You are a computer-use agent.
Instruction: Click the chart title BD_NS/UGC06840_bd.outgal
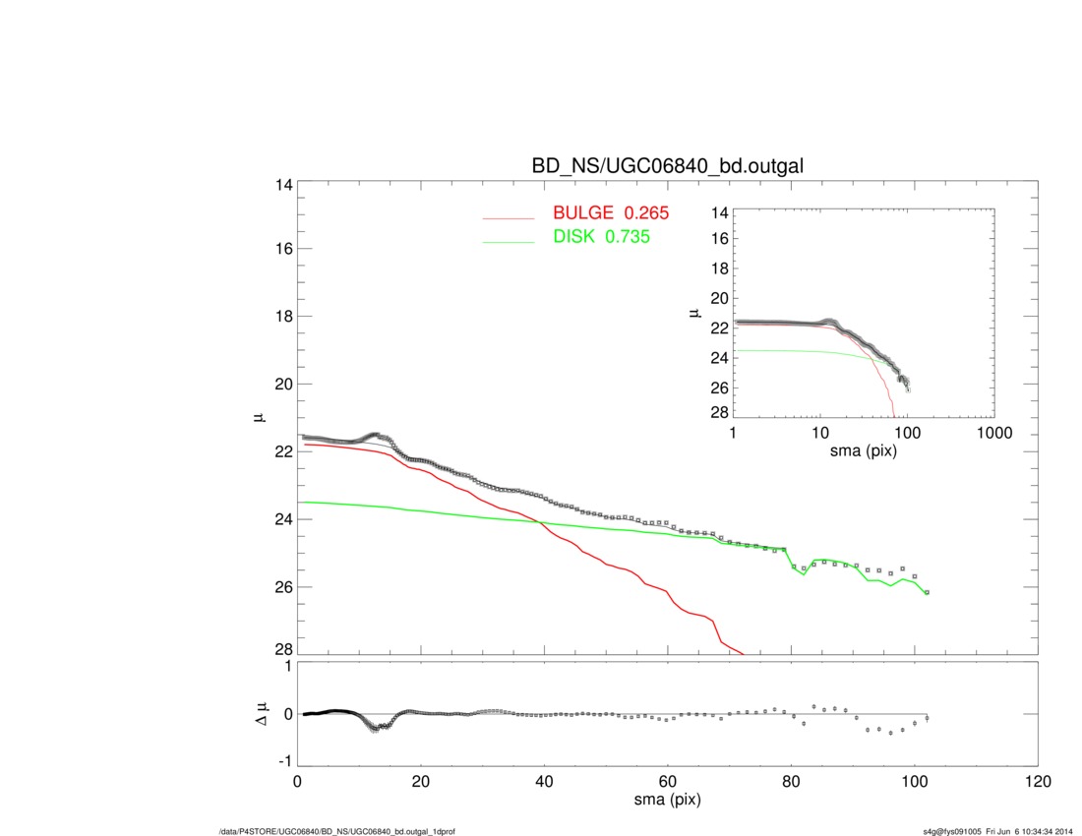[x=668, y=166]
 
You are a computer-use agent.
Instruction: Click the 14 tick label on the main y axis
[x=281, y=185]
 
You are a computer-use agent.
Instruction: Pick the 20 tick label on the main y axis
[x=281, y=384]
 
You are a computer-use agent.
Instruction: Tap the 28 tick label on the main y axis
[x=281, y=650]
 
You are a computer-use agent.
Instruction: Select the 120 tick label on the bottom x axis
[x=1038, y=783]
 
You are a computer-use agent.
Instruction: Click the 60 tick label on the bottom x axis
[x=668, y=783]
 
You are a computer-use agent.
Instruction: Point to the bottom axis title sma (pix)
[x=667, y=801]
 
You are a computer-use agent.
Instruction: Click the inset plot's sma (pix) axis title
[x=863, y=451]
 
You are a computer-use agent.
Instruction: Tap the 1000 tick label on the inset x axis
[x=993, y=434]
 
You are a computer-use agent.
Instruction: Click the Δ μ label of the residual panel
[x=259, y=712]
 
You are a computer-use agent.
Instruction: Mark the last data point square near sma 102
[x=927, y=592]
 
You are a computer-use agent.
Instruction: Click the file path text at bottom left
[x=336, y=832]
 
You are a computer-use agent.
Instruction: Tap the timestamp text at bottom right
[x=996, y=832]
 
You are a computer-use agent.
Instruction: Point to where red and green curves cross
[x=539, y=521]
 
